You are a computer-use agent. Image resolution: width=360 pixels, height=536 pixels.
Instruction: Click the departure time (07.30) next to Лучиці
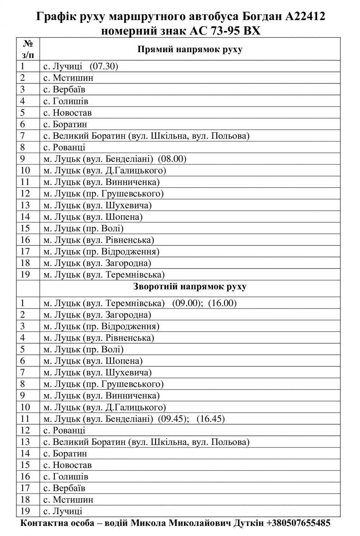(104, 67)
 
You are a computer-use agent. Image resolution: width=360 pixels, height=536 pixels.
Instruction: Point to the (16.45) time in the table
(211, 419)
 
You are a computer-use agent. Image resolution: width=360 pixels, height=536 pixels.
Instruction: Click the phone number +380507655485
(298, 523)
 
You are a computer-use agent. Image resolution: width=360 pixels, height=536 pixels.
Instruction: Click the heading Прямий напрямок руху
(190, 49)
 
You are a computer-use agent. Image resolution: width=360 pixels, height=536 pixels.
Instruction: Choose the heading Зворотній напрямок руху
(190, 287)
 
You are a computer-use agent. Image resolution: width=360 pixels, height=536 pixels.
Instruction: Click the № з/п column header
(28, 49)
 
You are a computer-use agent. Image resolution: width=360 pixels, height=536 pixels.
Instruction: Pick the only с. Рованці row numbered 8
(64, 147)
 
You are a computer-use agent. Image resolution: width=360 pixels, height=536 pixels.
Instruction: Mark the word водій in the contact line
(116, 523)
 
